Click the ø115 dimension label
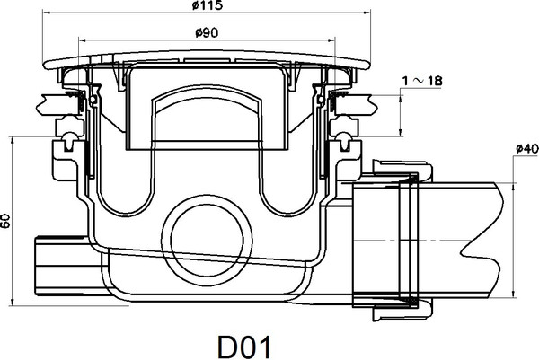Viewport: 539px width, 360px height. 208,5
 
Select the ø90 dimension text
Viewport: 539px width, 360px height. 207,33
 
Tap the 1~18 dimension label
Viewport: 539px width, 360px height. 422,81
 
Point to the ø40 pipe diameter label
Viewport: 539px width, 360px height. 527,149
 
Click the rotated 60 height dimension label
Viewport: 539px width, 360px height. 5,221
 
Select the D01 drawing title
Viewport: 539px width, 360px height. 244,347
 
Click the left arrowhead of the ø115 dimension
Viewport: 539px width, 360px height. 46,13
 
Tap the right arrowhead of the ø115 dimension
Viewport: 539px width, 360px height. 367,13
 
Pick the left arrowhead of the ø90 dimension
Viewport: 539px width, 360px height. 83,40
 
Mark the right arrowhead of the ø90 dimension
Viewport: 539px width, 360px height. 331,40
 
